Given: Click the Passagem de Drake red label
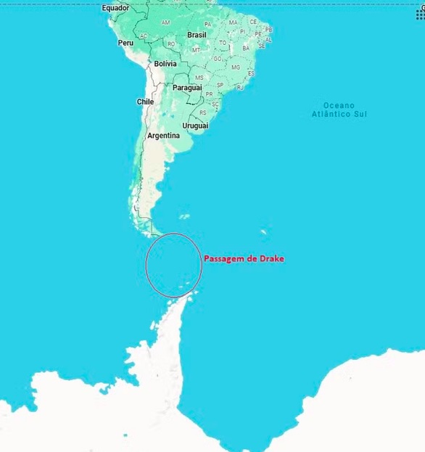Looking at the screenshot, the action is point(244,258).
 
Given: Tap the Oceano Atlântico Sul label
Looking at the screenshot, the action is point(339,110).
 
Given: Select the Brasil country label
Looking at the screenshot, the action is point(197,34).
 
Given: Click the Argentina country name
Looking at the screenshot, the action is point(163,136).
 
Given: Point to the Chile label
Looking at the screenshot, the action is point(145,102).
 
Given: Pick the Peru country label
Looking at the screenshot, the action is point(125,43).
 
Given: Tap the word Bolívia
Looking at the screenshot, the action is point(165,64).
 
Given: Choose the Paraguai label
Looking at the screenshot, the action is point(187,88).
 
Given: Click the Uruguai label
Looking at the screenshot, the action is point(195,126).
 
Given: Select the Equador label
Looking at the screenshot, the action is point(115,8).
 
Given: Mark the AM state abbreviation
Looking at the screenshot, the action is point(165,22).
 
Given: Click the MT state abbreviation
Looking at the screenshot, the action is point(196,50).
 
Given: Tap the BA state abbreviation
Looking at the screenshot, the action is point(245,48).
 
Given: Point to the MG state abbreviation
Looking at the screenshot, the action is point(235,67).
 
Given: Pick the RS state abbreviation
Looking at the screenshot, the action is point(202,112).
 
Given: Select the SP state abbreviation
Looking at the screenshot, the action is point(220,85).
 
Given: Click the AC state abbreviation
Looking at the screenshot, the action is point(144,36).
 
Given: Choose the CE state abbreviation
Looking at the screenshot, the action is point(253,22).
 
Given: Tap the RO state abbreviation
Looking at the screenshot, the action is point(171,44).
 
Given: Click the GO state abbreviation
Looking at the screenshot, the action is point(217,58).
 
